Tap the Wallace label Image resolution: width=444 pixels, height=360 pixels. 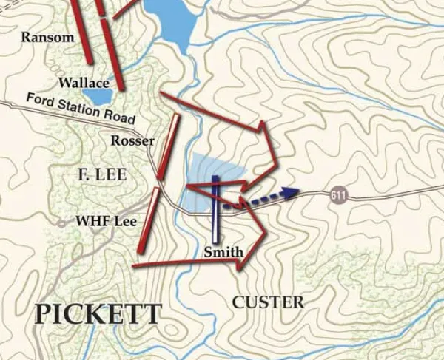[84, 82]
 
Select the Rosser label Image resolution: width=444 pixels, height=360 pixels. [132, 140]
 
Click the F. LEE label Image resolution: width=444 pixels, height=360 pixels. [102, 175]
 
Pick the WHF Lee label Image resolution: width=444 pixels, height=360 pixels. [103, 220]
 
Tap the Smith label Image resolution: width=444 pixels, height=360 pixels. [223, 253]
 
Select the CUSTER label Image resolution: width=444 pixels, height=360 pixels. [267, 302]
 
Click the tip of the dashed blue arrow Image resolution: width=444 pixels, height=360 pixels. [298, 192]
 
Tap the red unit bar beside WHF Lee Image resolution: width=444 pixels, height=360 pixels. [148, 218]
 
